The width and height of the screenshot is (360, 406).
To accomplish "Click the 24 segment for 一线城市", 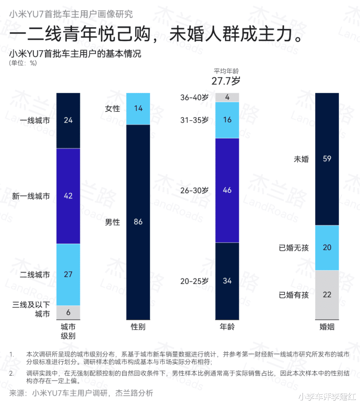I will [x=68, y=120].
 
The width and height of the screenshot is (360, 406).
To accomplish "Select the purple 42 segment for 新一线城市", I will [x=68, y=196].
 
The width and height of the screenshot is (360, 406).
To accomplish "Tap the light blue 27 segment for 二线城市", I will [x=68, y=275].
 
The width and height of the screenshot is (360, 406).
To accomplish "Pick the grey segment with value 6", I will [x=68, y=312].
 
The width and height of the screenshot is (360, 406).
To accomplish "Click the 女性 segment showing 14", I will [x=138, y=109].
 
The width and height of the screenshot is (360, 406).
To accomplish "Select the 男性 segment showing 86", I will [x=138, y=222].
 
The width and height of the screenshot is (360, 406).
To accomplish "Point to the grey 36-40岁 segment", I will [x=227, y=97].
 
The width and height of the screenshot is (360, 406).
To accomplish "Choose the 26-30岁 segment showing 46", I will [x=227, y=190].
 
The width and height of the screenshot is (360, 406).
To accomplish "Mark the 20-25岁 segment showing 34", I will [x=227, y=281].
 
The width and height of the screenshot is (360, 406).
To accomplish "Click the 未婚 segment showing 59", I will [x=327, y=159].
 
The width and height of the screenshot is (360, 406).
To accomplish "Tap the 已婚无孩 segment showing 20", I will [x=327, y=248].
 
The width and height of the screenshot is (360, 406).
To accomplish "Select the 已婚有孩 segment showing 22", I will [x=327, y=295].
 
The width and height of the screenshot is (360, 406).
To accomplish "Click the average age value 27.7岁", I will [x=226, y=81].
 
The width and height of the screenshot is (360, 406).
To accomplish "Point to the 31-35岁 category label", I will [x=195, y=120].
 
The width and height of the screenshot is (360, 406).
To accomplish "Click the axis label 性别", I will [x=138, y=327].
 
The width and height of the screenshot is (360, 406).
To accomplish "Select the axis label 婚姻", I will [x=327, y=327].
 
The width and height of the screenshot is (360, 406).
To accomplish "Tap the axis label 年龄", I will [x=227, y=327].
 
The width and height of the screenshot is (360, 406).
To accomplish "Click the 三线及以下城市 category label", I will [x=31, y=309].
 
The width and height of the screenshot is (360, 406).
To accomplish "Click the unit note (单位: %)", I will [x=23, y=63].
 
